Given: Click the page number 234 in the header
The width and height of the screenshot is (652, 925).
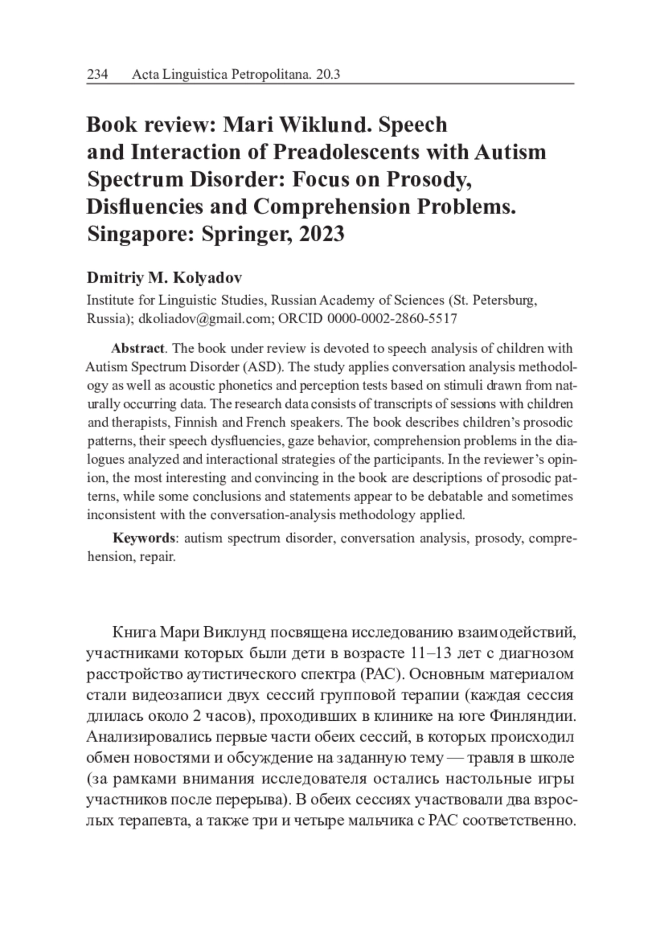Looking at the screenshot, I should [98, 74].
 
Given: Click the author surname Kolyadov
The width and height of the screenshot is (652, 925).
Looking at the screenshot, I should [208, 278].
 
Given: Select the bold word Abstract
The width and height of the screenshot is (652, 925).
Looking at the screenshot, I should [137, 348].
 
